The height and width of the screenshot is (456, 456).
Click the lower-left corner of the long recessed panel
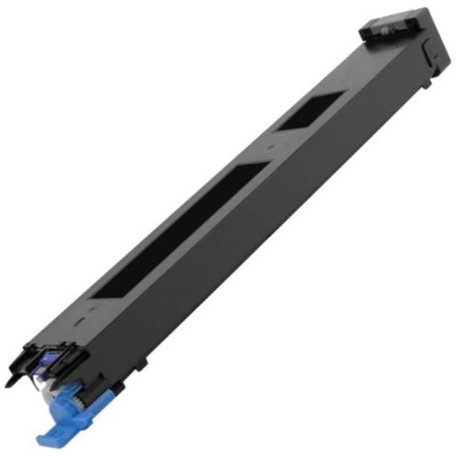pyautogui.click(x=94, y=296)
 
